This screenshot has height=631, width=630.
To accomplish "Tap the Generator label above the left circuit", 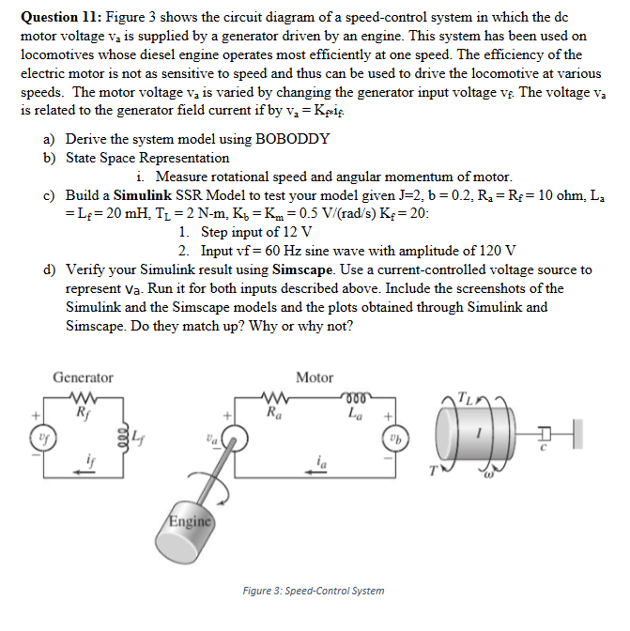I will (x=83, y=377).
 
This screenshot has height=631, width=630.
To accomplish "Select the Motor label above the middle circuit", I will (x=314, y=377).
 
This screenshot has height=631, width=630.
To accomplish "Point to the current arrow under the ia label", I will (x=319, y=475).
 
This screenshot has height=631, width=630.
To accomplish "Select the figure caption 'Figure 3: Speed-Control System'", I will (x=313, y=591).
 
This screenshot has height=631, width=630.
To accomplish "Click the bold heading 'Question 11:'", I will (x=62, y=17).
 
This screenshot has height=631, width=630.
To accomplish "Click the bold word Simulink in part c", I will (x=142, y=195).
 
